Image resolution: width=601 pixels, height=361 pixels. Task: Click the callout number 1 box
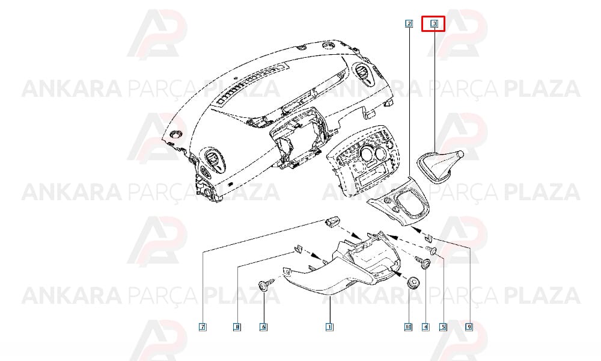(x=329, y=327)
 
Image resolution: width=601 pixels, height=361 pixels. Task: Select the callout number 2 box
(x=409, y=23)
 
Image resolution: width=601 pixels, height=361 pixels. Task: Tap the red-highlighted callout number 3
(x=435, y=23)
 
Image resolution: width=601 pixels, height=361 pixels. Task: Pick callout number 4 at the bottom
(x=426, y=327)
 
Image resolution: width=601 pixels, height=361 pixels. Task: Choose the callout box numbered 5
(x=443, y=327)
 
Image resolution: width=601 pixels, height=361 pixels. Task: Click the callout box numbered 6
(x=263, y=327)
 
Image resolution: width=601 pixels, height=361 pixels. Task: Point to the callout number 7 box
(x=203, y=327)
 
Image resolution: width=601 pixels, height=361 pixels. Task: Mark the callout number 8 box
(x=237, y=327)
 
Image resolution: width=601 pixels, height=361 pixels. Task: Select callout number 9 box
(x=469, y=327)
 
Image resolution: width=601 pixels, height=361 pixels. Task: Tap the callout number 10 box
(x=408, y=327)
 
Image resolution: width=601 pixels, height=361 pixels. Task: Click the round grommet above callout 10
(x=413, y=282)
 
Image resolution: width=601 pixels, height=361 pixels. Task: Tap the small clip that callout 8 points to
(x=297, y=248)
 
